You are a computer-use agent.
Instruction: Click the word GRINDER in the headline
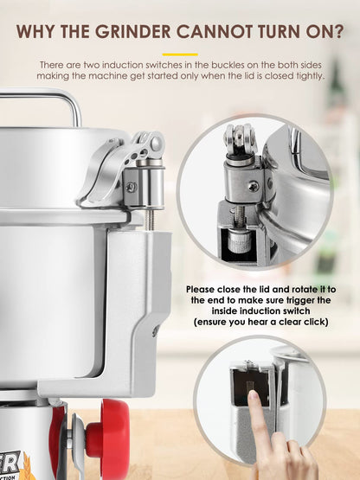(x=132, y=32)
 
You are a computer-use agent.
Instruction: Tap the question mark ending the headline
(x=338, y=32)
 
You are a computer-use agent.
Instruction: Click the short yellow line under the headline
(x=180, y=54)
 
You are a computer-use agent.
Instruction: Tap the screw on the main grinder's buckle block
(x=132, y=187)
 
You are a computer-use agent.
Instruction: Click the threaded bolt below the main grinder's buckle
(x=150, y=220)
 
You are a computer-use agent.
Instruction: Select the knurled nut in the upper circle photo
(x=241, y=241)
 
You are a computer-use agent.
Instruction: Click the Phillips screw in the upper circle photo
(x=254, y=186)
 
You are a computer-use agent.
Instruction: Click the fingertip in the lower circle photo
(x=254, y=397)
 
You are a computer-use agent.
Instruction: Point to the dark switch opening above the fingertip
(x=250, y=384)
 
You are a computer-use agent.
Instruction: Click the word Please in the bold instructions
(x=201, y=289)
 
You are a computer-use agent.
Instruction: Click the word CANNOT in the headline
(x=215, y=32)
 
